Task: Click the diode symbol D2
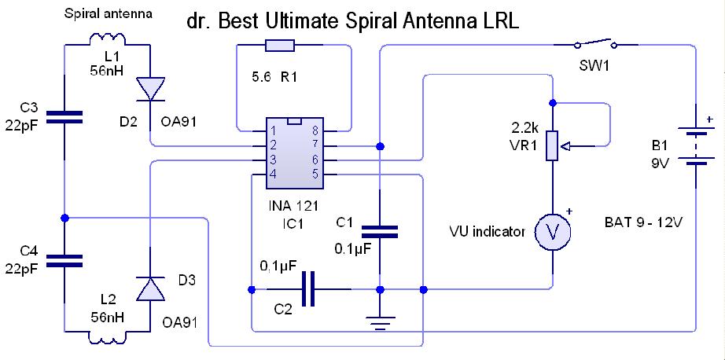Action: point(150,89)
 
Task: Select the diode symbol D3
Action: point(150,288)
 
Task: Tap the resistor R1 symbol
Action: point(279,46)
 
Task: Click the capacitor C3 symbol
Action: point(64,117)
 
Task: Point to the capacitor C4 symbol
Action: point(64,261)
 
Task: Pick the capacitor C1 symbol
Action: point(380,232)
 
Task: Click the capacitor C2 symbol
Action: point(308,288)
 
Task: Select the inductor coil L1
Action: point(107,39)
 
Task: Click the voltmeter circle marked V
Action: point(553,233)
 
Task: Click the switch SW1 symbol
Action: point(595,44)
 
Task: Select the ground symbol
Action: point(380,322)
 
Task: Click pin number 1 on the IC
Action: point(273,130)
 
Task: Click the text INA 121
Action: point(293,205)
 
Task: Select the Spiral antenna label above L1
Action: point(108,14)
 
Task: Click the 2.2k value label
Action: point(521,128)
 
